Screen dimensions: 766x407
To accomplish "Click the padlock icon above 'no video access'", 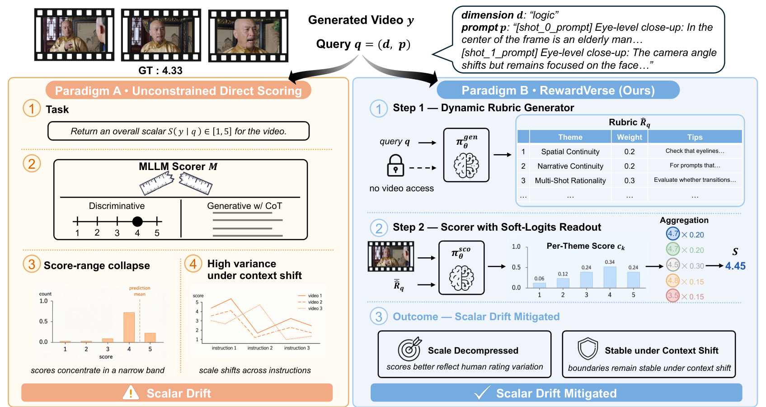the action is tap(395, 166).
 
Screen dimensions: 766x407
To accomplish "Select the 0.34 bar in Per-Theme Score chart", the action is tap(610, 277).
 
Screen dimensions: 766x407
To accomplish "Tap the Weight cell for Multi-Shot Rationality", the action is tap(629, 180).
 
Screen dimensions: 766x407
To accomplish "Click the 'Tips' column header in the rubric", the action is tap(695, 137).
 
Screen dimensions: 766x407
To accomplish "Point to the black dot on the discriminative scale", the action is tap(137, 222).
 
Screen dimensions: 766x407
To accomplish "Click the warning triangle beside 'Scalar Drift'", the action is tap(131, 393).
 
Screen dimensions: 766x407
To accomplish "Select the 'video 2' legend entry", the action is tap(310, 302).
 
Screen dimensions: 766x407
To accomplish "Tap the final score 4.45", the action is tap(735, 266).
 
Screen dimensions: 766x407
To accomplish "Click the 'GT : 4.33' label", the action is tap(160, 71).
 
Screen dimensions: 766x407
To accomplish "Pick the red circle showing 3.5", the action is tap(672, 296).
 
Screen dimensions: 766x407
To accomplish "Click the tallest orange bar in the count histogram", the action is tap(129, 327).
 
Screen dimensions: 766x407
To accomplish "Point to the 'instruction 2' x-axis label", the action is tap(260, 348).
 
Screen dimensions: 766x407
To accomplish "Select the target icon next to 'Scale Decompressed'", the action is tap(409, 349).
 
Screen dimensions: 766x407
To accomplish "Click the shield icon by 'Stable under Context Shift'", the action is tap(587, 349).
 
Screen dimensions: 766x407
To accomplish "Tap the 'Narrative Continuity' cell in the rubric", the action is tap(570, 166).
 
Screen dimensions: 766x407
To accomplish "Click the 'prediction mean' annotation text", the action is tap(140, 291).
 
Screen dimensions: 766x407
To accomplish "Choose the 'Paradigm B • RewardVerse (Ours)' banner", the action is tap(558, 90).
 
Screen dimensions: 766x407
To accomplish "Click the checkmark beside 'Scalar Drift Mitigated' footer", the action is tap(482, 392).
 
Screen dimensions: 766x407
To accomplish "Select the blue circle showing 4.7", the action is tap(672, 234).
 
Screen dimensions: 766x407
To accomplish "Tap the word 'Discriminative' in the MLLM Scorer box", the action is tap(117, 206).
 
